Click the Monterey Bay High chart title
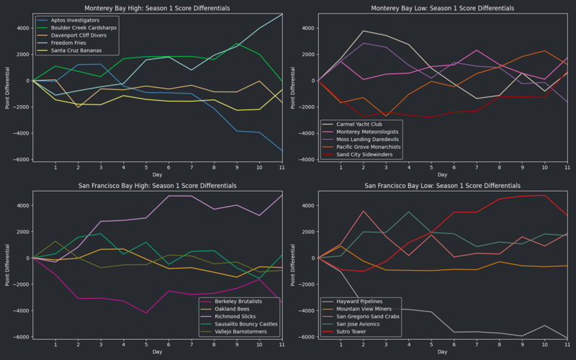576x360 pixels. (157, 8)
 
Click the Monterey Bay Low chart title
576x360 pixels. (443, 8)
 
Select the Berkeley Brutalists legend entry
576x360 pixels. (233, 302)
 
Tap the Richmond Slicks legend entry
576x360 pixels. (228, 317)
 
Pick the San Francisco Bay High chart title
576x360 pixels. (157, 186)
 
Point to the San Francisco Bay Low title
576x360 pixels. (443, 186)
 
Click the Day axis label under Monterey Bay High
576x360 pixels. (157, 174)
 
